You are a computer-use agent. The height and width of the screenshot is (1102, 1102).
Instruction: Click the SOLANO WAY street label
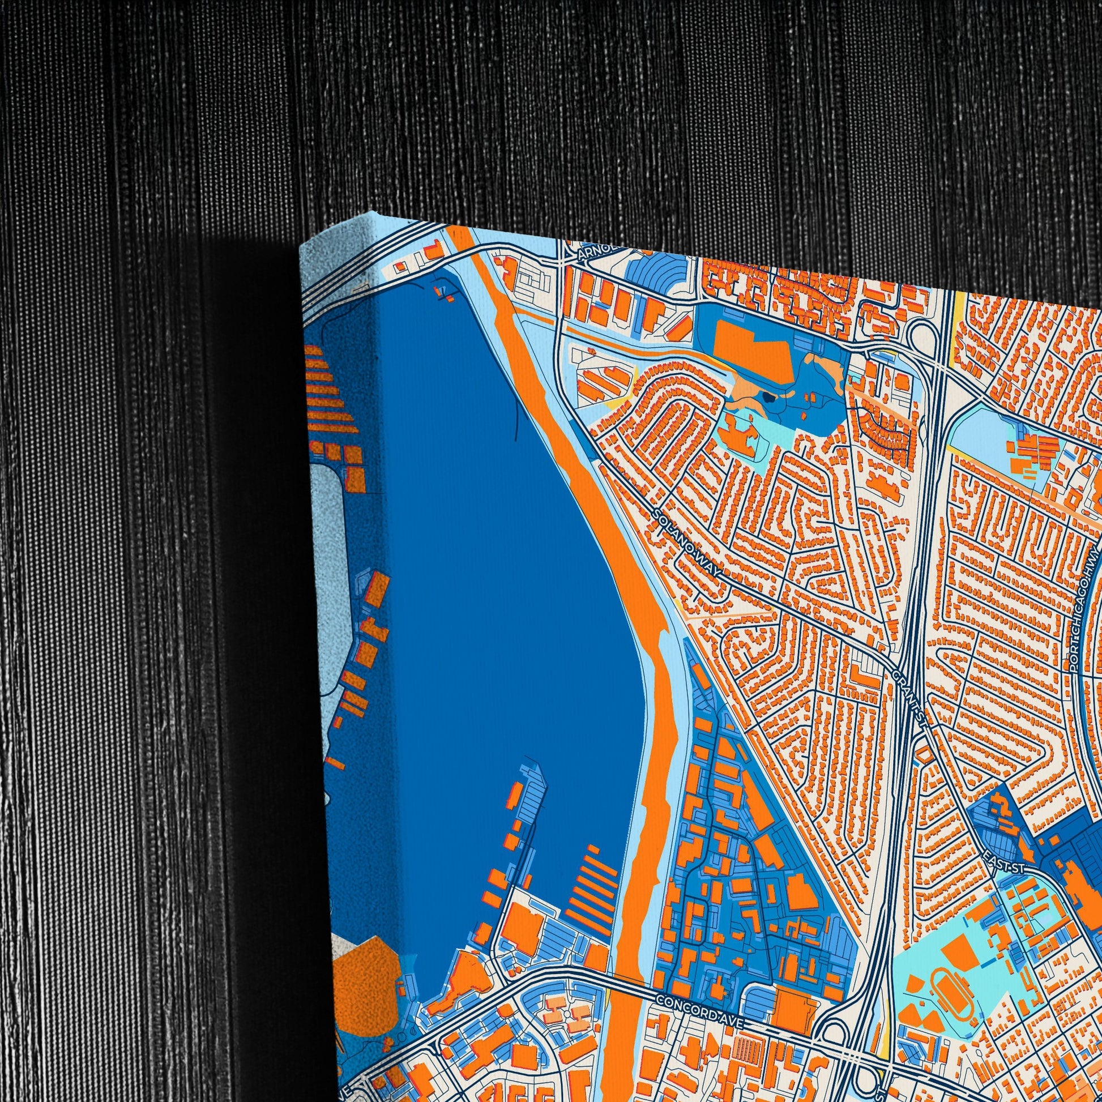click(688, 544)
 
